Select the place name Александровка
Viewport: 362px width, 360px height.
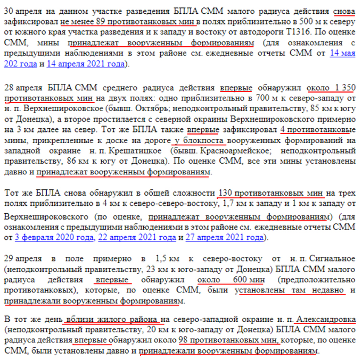click(326, 319)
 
